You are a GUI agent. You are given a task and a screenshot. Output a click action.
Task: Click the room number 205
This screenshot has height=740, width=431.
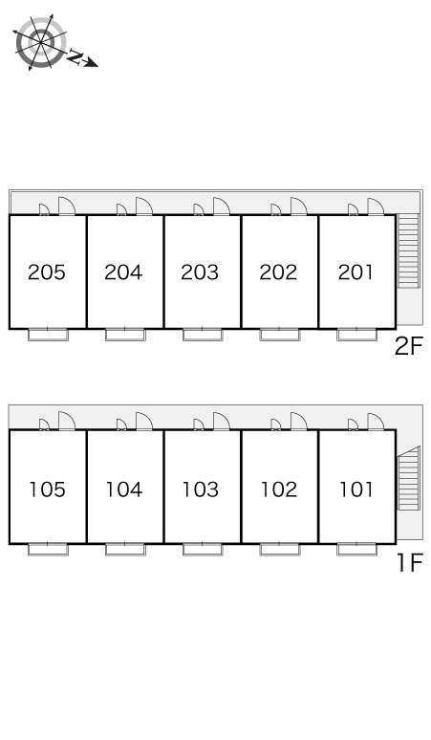(x=46, y=272)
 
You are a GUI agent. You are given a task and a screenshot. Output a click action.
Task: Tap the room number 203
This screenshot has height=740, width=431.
(x=200, y=272)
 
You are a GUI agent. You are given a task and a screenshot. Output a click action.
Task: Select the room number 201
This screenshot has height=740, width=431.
(x=356, y=272)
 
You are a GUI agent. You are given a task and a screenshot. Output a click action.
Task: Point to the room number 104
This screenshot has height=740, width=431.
(x=124, y=490)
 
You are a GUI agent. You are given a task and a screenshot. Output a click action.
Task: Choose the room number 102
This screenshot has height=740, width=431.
(x=279, y=490)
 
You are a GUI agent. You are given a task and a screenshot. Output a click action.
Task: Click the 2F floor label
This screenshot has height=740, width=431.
(x=409, y=347)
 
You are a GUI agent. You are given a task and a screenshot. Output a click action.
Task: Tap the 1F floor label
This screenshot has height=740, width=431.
(x=409, y=562)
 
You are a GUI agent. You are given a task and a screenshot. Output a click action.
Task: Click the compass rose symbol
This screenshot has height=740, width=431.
(x=40, y=42)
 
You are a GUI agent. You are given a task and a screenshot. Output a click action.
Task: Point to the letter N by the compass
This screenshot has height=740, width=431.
(x=75, y=56)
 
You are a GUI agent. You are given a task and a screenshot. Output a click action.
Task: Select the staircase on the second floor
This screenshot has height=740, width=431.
(x=408, y=251)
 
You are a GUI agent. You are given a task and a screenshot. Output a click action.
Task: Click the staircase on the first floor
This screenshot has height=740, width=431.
(x=408, y=478)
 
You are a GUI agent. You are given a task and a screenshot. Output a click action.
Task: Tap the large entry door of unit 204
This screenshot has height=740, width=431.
(x=143, y=207)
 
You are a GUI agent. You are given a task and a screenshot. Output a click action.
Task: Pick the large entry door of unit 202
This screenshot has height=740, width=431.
(x=298, y=207)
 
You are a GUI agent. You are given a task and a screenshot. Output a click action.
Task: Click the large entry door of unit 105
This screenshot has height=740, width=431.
(x=67, y=421)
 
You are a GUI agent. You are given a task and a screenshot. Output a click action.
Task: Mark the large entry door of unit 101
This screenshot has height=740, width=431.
(x=376, y=421)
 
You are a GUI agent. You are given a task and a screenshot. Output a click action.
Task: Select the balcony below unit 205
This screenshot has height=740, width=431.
(x=48, y=335)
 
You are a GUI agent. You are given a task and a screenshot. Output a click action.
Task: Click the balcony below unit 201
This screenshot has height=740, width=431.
(x=357, y=335)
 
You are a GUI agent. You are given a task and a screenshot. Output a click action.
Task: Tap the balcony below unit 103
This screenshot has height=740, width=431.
(x=203, y=550)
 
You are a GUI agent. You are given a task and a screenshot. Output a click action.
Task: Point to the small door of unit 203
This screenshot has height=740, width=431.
(x=199, y=210)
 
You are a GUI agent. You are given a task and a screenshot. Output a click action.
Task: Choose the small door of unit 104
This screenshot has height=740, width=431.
(x=121, y=424)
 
